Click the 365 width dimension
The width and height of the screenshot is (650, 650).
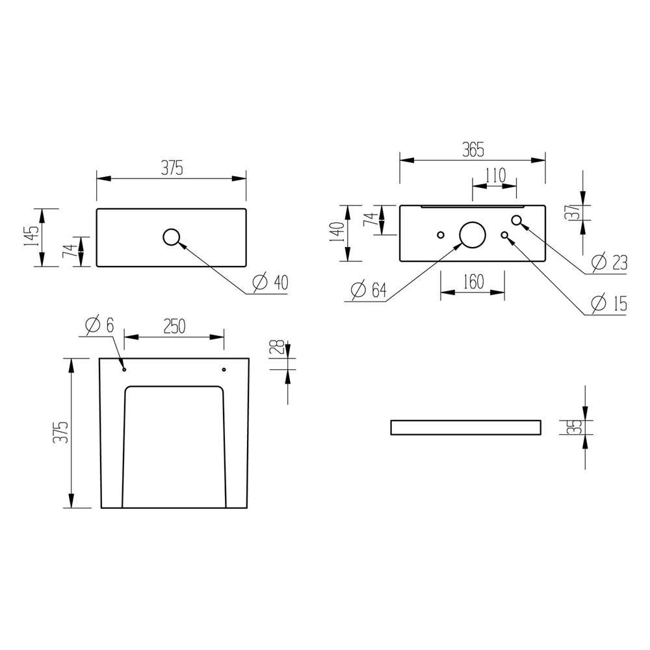[473, 150]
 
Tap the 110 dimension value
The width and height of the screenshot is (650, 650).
[495, 175]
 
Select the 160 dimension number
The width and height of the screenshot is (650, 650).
[473, 282]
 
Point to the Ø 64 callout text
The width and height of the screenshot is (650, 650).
[369, 290]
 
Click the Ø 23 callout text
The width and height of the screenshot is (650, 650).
[610, 262]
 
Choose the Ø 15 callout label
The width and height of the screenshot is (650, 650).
[610, 304]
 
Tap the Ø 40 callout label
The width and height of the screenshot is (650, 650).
[270, 282]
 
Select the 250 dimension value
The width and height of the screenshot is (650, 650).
[174, 327]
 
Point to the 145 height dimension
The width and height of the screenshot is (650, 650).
[31, 237]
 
